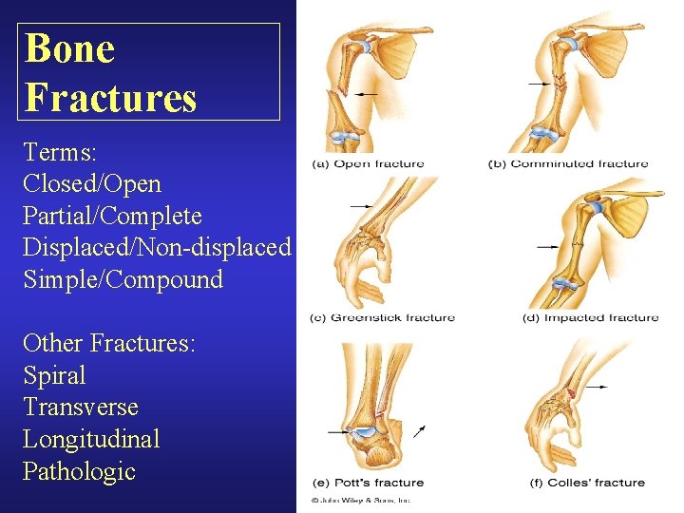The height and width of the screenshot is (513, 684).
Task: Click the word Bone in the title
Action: pos(70,48)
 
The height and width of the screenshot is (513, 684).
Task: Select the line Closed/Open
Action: pos(92,182)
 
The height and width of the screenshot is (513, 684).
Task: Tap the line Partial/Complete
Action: pos(113,215)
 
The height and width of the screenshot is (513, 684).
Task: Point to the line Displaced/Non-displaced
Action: pos(157,247)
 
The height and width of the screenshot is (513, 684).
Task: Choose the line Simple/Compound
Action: pos(123,279)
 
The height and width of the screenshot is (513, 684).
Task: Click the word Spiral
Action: pos(54,375)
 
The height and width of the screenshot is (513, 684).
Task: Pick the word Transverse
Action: pos(81,408)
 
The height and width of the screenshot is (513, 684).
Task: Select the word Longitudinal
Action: pos(91,439)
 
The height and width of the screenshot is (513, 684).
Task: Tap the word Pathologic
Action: pos(79,471)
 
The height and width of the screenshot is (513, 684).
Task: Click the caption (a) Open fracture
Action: pos(368,164)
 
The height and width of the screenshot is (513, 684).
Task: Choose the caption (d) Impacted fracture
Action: pos(590,317)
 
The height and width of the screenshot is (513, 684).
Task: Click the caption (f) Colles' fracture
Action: pos(587,483)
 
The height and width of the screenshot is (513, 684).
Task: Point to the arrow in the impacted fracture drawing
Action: pos(548,247)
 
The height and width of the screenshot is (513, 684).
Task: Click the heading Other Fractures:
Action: pos(109,343)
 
